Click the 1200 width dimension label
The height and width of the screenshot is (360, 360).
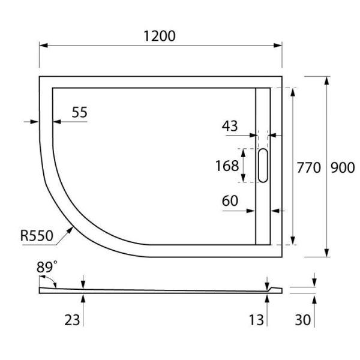point(159,35)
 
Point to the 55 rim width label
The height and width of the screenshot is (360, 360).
point(79,112)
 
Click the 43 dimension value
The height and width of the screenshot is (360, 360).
point(230,126)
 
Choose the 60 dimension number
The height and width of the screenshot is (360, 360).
point(230,200)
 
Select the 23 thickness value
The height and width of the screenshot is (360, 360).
point(72,320)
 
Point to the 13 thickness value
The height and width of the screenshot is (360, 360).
point(256,320)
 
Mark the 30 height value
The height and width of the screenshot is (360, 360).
point(303,320)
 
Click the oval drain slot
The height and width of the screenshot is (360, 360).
point(263,166)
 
